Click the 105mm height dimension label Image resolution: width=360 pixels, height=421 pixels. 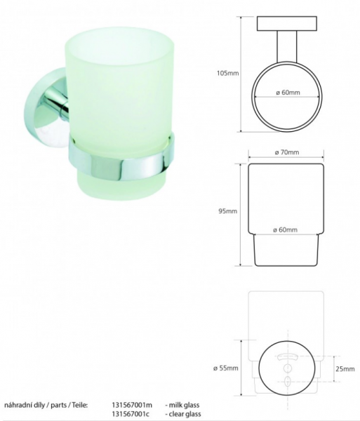click(x=227, y=73)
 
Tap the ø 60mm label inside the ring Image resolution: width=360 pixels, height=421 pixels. click(x=288, y=93)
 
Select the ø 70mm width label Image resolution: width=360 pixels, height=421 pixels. click(x=287, y=152)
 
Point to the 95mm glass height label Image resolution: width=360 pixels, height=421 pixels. click(x=227, y=211)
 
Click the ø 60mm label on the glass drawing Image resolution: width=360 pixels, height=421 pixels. click(x=285, y=230)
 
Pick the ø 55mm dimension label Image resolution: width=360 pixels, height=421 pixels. click(x=226, y=368)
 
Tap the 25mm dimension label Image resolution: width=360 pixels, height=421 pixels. click(x=345, y=369)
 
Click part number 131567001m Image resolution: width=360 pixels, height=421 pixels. click(x=132, y=405)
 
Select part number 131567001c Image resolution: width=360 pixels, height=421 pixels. click(x=131, y=414)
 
